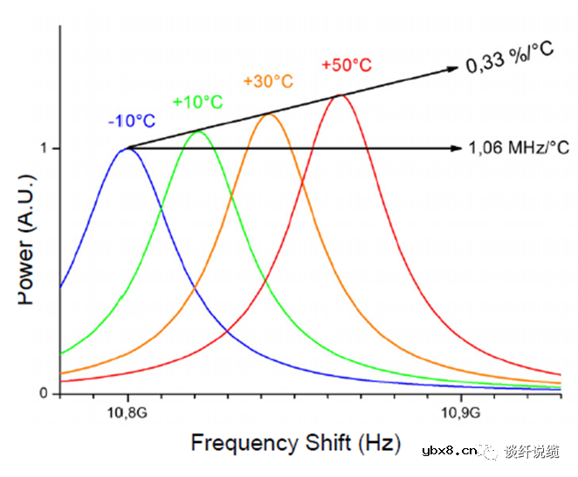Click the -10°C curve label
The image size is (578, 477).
pos(131,121)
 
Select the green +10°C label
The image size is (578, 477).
pos(197,102)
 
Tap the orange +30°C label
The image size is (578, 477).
pos(268,81)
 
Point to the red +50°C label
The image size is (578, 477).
pos(347,65)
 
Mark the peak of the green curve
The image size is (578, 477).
pos(198,131)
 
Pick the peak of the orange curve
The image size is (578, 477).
pos(269,113)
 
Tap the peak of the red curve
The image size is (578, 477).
pos(340,94)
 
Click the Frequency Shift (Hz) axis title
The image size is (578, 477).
pos(294,442)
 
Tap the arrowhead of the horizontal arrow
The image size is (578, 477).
pos(456,148)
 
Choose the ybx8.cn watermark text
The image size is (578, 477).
pos(449,451)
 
